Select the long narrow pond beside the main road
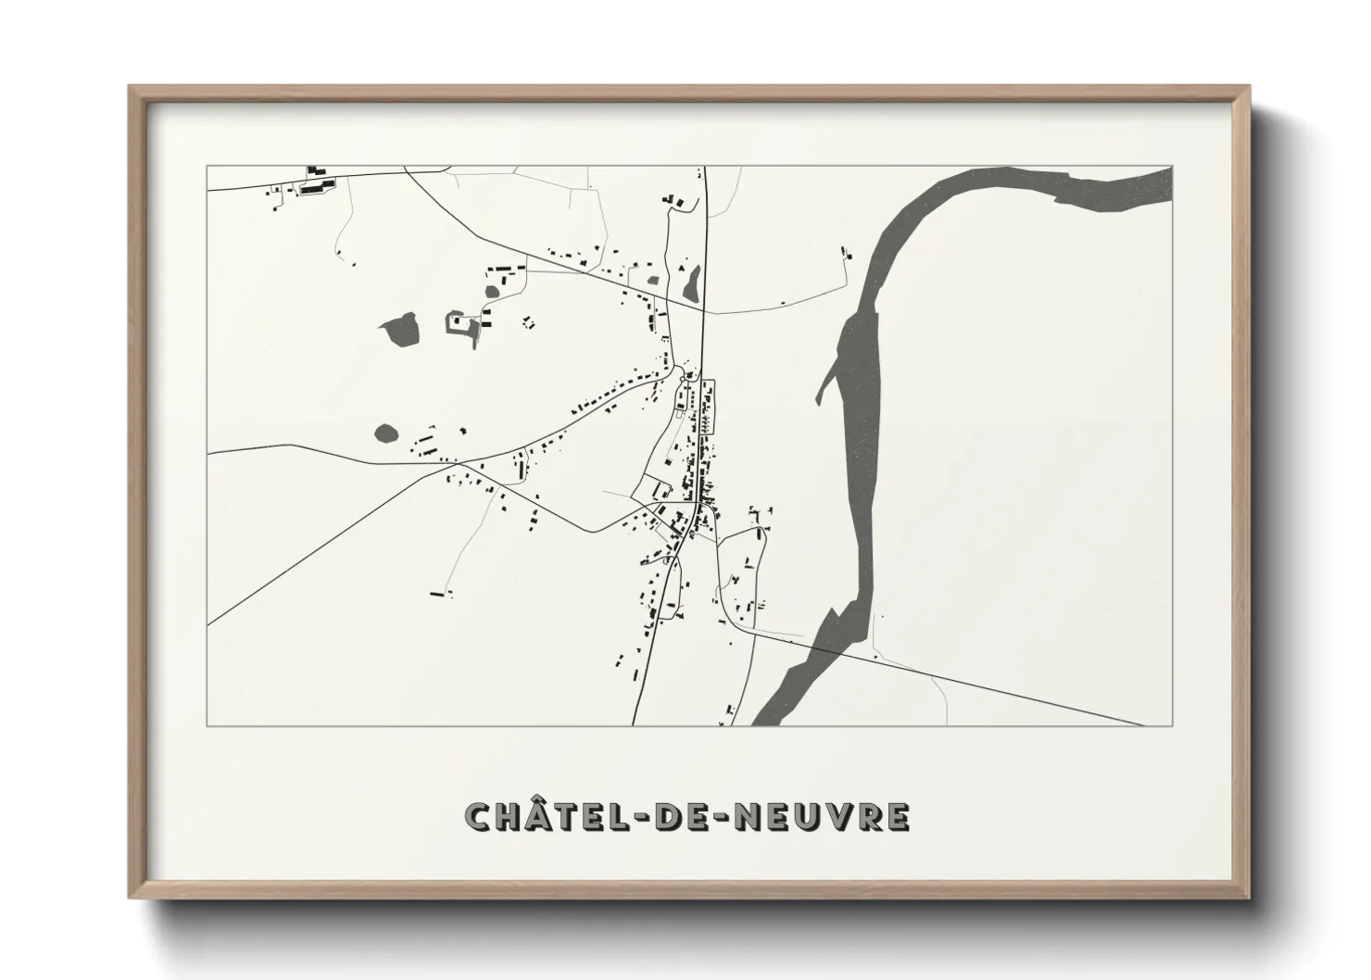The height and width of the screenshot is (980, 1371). click(691, 283)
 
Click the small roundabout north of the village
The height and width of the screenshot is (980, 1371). click(685, 373)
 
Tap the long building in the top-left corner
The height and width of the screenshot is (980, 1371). click(316, 187)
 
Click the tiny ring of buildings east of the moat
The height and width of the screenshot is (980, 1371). click(528, 322)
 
